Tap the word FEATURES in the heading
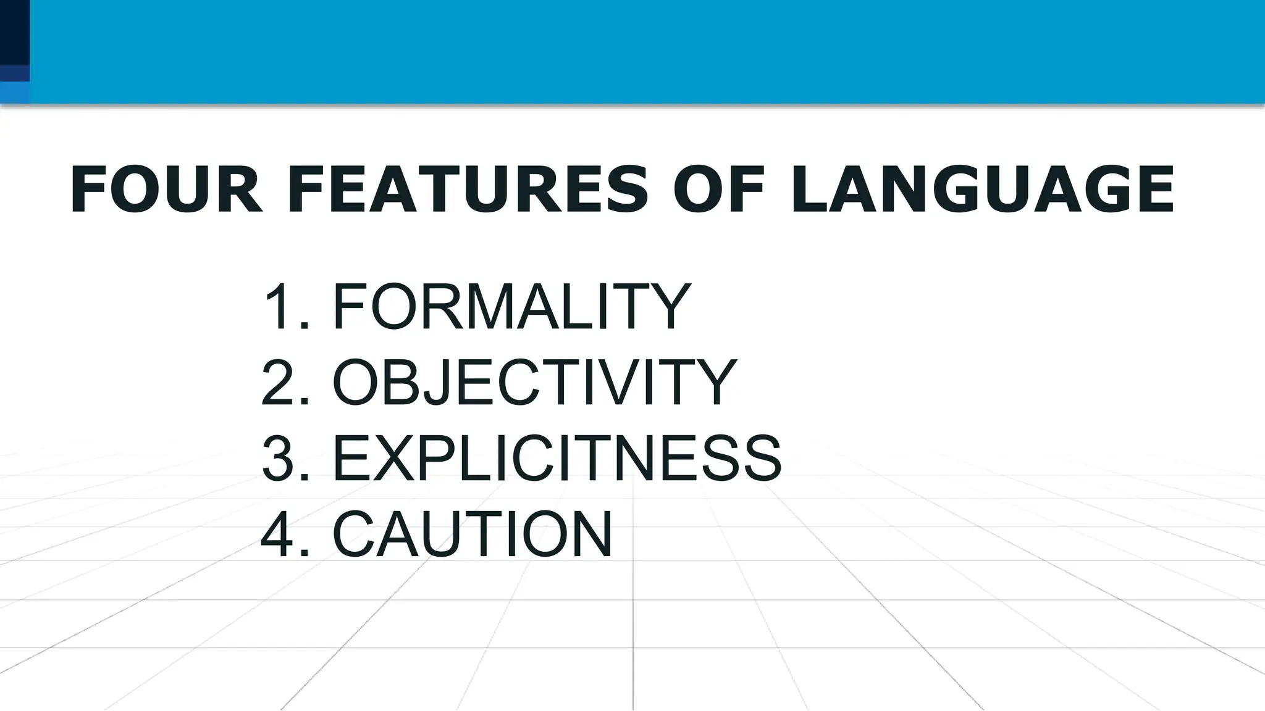point(468,189)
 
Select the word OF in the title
point(719,189)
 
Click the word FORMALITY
point(511,306)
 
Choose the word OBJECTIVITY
point(535,383)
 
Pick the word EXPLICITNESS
point(557,458)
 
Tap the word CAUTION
point(473,534)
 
